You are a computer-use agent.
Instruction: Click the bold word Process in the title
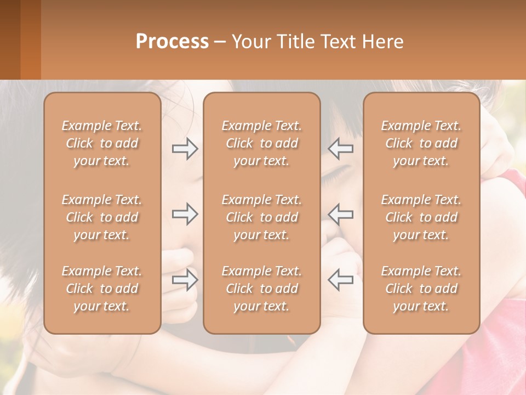coord(172,42)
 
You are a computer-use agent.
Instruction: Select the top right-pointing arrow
coord(185,148)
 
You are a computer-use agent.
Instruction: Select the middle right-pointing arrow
coord(185,214)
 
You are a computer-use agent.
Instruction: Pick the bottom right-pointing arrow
coord(185,280)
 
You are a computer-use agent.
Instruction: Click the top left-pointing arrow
coord(340,148)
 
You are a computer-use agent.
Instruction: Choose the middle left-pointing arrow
coord(340,214)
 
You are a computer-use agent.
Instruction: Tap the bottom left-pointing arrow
coord(340,280)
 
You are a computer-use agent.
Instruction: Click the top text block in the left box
coord(102,143)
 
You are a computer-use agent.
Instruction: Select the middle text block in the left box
coord(102,217)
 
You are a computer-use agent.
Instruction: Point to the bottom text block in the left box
coord(102,289)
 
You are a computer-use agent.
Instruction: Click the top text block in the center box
coord(261,143)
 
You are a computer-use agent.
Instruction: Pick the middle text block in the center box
coord(261,217)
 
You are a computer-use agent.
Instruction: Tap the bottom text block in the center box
coord(261,289)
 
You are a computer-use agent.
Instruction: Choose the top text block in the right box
coord(421,143)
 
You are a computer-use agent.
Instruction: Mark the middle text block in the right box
coord(421,217)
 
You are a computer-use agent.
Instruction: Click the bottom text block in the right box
coord(421,289)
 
